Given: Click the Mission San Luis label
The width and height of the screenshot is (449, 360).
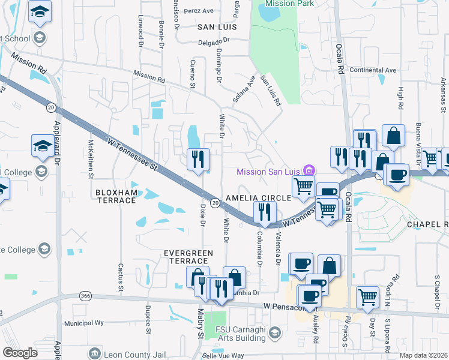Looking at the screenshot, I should click(269, 172).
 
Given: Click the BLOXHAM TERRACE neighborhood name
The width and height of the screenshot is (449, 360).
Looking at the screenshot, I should click(116, 196).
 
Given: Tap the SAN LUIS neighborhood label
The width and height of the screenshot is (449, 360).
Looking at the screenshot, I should click(217, 27).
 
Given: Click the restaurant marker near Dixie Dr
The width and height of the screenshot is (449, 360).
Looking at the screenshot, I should click(199, 160).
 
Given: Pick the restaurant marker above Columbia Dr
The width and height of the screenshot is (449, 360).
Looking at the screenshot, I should click(264, 212).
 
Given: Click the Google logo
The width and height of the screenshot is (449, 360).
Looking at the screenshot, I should click(20, 353).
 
